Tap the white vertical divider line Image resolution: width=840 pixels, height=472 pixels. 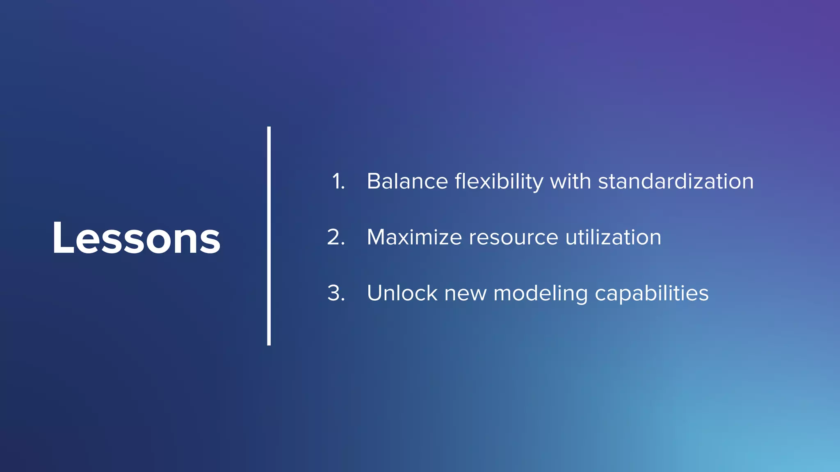(x=269, y=236)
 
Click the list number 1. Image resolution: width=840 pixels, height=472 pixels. (x=338, y=181)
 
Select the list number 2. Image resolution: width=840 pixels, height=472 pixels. (x=336, y=237)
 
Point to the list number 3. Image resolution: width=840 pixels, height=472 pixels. (x=336, y=293)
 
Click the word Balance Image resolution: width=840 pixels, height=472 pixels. (x=407, y=181)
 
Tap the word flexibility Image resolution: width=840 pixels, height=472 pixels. (x=499, y=182)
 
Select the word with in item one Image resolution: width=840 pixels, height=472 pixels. (x=570, y=181)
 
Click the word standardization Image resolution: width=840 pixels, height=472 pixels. (x=676, y=181)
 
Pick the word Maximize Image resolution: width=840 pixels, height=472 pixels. (x=414, y=237)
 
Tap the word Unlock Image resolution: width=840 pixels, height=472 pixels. (x=402, y=293)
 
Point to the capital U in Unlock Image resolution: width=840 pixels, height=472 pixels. (x=375, y=293)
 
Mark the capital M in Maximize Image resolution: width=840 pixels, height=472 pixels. (x=377, y=237)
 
